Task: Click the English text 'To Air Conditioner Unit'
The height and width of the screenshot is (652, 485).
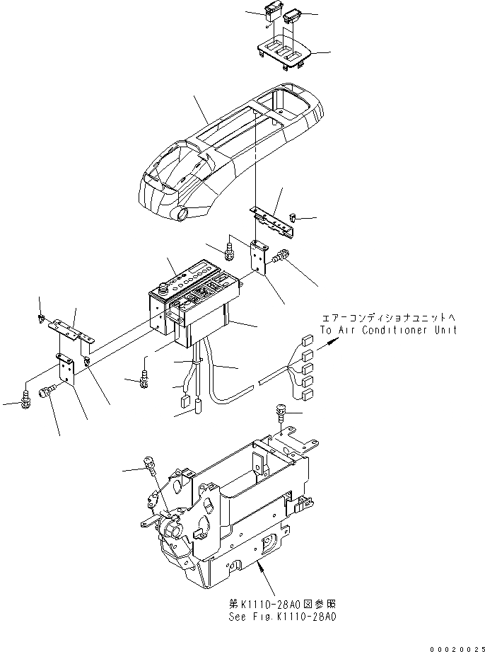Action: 388,331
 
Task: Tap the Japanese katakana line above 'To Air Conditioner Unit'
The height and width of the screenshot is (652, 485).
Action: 388,319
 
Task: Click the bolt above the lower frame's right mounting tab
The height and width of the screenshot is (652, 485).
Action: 281,413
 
